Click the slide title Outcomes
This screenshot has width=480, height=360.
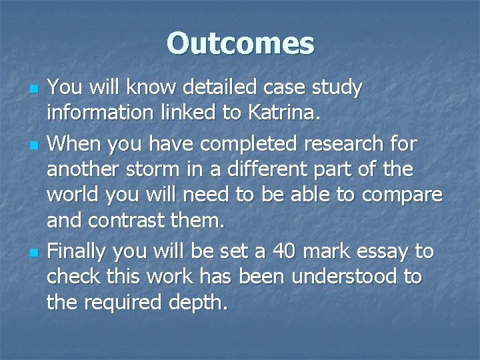point(240,43)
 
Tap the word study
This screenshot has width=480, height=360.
point(336,87)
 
